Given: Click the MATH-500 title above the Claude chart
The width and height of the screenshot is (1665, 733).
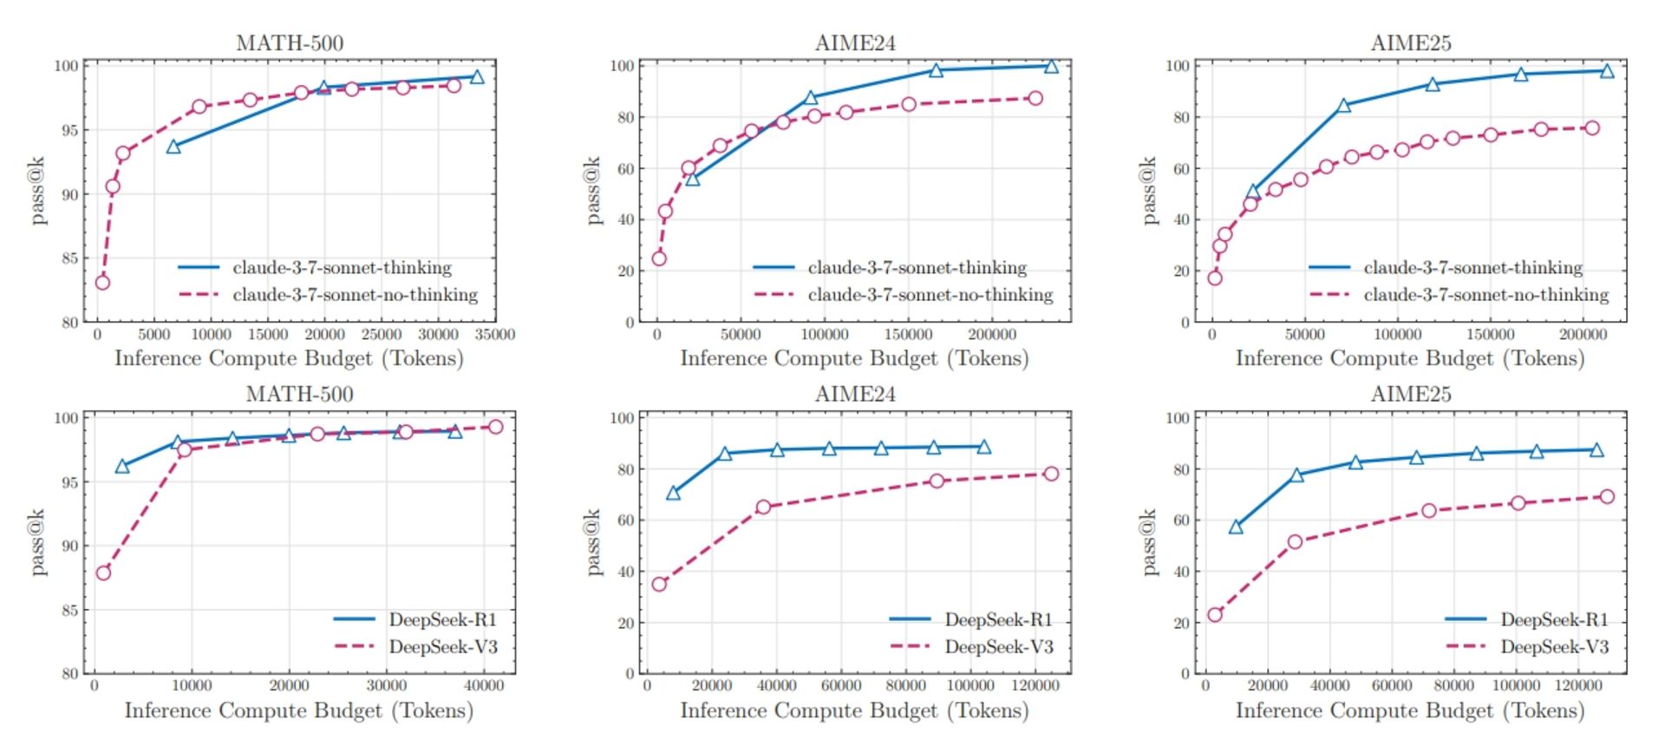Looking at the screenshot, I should click(x=290, y=43).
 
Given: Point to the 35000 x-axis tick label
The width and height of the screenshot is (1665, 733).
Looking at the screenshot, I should click(x=496, y=335).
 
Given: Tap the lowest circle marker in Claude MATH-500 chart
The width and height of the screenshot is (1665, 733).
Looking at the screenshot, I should click(x=102, y=282).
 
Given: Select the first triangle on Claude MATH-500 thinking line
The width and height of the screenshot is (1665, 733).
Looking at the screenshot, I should click(x=173, y=147).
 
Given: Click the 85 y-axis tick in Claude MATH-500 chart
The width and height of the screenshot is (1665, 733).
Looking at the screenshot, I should click(x=69, y=259).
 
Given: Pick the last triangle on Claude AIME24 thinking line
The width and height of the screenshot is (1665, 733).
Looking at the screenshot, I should click(x=1051, y=66).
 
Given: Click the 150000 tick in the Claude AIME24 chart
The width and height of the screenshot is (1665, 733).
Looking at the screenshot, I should click(x=908, y=335).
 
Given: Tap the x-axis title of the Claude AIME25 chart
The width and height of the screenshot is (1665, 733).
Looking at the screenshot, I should click(x=1410, y=358).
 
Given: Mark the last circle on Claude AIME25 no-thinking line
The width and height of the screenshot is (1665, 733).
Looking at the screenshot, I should click(x=1591, y=128).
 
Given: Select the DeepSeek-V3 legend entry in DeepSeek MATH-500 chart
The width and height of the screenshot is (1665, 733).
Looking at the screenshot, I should click(x=442, y=647).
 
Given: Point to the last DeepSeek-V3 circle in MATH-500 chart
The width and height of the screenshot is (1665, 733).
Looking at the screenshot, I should click(x=495, y=427).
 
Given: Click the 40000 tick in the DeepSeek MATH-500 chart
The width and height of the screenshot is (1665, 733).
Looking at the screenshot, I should click(x=483, y=686).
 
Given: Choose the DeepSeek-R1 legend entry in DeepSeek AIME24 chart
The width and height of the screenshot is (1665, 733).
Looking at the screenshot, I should click(x=998, y=619).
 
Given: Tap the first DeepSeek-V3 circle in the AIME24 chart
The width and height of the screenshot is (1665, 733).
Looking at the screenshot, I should click(x=659, y=584).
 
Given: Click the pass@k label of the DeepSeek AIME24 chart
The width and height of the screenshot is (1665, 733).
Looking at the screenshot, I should click(x=593, y=542).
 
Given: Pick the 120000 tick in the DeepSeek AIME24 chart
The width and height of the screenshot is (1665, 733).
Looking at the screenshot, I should click(x=1035, y=686).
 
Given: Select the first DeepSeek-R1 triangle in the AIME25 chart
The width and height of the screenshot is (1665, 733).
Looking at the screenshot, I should click(x=1236, y=527).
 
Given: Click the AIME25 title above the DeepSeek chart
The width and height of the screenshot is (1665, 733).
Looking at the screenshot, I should click(x=1410, y=395).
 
